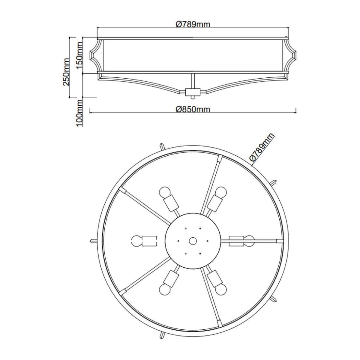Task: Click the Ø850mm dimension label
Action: (x=193, y=109)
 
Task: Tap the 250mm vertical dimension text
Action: (x=66, y=72)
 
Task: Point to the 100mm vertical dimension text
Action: (x=79, y=113)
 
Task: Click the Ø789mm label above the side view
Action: (x=193, y=24)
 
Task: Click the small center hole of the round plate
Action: (x=193, y=241)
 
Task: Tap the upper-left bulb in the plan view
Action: (x=165, y=192)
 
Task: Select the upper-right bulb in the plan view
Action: (x=221, y=192)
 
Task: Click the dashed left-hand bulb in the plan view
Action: (x=137, y=241)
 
